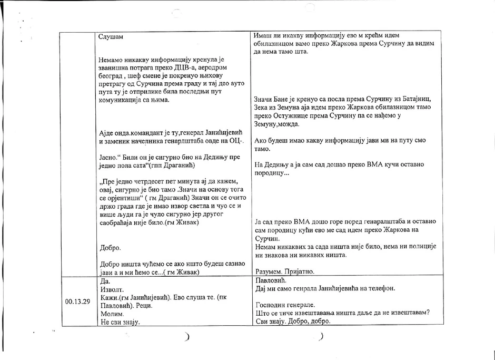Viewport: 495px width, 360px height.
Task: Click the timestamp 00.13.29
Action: (77, 302)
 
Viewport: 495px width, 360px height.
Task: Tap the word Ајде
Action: (106, 133)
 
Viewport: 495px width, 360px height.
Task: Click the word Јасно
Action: (108, 157)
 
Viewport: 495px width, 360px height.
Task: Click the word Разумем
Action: (270, 271)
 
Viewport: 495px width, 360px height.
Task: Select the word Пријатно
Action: (300, 271)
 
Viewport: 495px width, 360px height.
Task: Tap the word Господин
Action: (273, 305)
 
